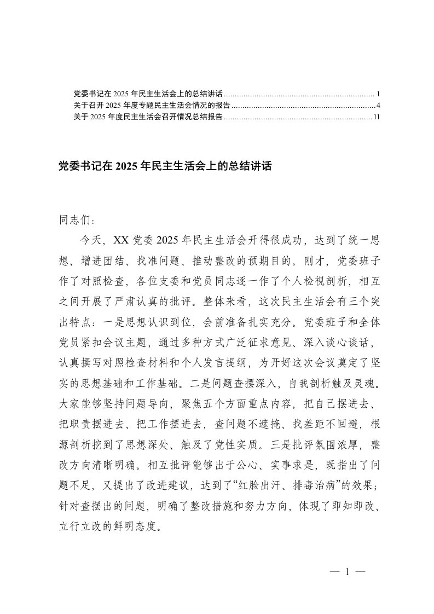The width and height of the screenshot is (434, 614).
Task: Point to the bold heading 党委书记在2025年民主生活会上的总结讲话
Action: (x=165, y=167)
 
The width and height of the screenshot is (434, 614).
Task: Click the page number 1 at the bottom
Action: (x=346, y=572)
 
